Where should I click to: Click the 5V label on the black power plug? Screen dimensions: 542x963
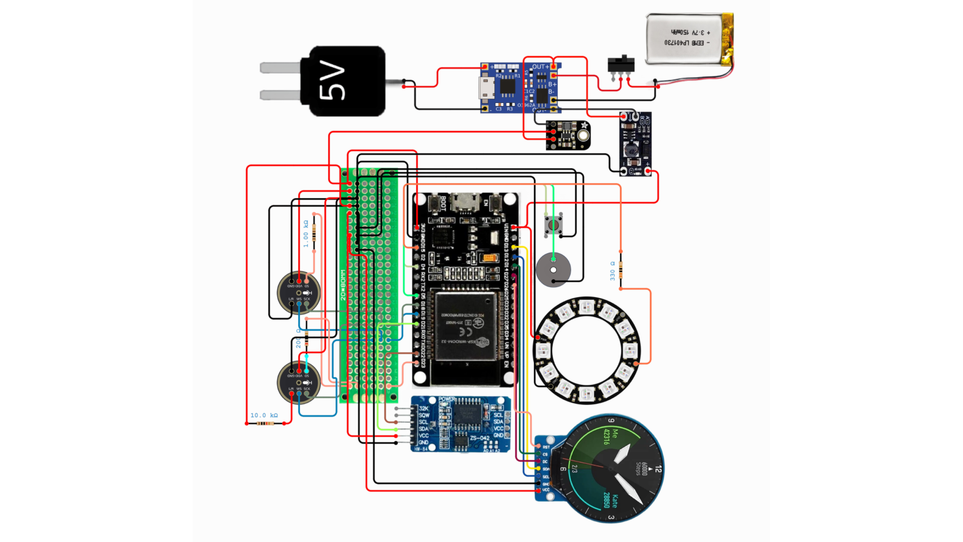tap(332, 82)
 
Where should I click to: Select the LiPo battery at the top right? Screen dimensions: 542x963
tap(689, 39)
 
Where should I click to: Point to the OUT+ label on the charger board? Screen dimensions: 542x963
tap(540, 66)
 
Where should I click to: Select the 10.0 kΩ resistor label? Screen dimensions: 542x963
tap(264, 415)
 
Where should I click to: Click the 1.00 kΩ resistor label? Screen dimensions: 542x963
tap(306, 234)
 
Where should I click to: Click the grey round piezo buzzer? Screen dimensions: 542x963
tap(553, 270)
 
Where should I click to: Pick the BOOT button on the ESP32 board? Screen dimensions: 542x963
tap(434, 203)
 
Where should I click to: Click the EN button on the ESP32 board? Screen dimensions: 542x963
tap(495, 203)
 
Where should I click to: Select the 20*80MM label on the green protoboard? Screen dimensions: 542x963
tap(343, 285)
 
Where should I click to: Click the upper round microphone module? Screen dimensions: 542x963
tap(299, 293)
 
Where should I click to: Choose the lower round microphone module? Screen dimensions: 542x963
tap(299, 382)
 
